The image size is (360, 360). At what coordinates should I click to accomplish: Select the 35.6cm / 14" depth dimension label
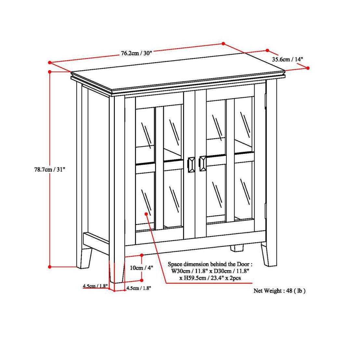[x=287, y=59]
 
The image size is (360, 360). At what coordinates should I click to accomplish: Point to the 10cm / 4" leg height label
[x=141, y=268]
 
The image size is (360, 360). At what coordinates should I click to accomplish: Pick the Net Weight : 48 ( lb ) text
[x=279, y=291]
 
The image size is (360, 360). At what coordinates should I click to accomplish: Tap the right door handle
[x=203, y=163]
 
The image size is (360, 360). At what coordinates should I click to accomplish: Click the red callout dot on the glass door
[x=146, y=214]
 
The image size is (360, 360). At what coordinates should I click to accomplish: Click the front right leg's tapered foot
[x=270, y=257]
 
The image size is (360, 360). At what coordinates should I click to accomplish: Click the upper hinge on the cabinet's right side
[x=266, y=100]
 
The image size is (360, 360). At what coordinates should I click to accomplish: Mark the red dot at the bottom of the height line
[x=50, y=267]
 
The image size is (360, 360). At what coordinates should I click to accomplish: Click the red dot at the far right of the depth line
[x=308, y=68]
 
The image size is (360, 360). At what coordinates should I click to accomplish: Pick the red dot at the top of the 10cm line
[x=141, y=255]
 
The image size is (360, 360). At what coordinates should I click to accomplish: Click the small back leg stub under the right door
[x=237, y=248]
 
